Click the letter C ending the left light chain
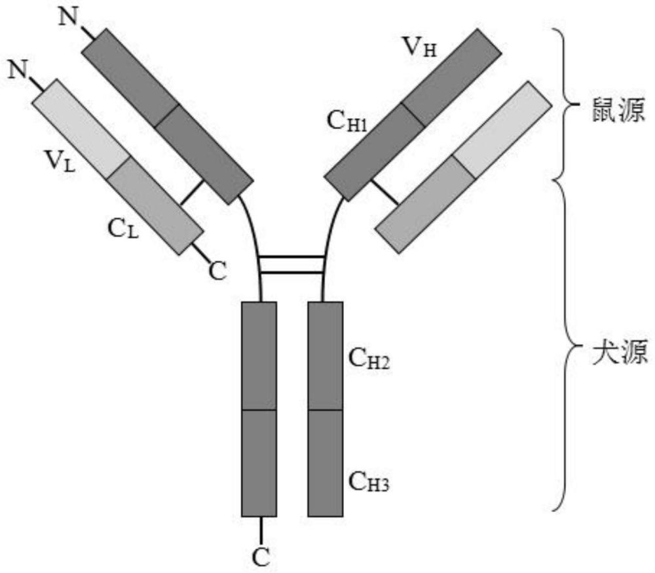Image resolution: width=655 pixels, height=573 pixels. click(x=218, y=269)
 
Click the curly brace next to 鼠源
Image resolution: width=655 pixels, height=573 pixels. click(x=564, y=104)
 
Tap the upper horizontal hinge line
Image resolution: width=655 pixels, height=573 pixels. click(x=291, y=257)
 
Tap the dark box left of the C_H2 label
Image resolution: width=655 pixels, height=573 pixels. click(x=326, y=356)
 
